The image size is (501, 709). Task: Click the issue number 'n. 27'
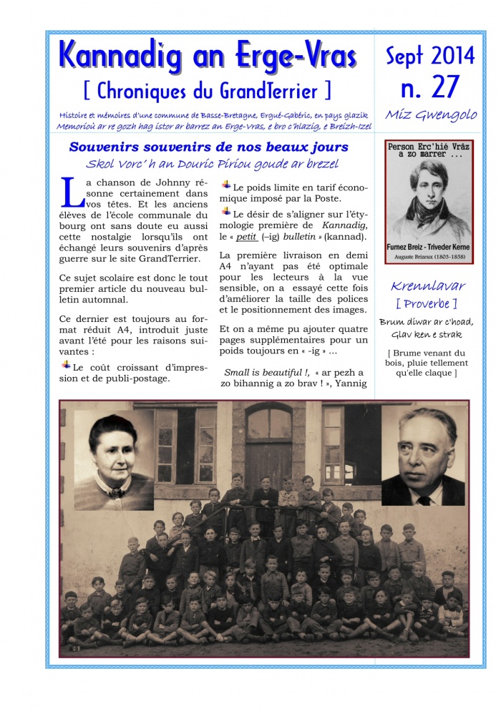pos(429,87)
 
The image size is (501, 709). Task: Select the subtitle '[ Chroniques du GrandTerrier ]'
pos(208,91)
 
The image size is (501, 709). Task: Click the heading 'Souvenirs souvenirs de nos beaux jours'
pos(208,147)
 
